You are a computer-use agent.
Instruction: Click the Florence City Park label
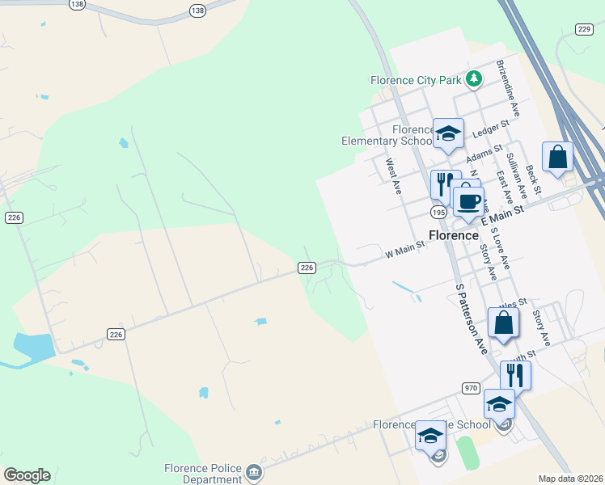(x=416, y=80)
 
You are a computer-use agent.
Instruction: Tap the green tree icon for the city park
(x=474, y=79)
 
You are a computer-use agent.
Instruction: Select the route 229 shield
(x=585, y=29)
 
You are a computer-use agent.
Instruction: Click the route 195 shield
(x=438, y=212)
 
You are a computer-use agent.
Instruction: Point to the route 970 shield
(x=472, y=388)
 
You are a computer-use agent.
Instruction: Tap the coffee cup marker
(x=468, y=200)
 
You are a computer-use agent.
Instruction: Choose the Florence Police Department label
(x=201, y=473)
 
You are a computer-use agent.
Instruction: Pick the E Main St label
(x=503, y=214)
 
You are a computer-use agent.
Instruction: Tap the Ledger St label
(x=491, y=129)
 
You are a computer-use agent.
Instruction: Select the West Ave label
(x=393, y=175)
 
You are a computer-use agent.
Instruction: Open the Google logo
(x=27, y=475)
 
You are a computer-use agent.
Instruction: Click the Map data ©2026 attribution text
(x=571, y=479)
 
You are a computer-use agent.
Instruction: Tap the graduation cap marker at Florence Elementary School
(x=448, y=133)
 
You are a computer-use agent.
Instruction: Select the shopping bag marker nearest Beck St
(x=558, y=158)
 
